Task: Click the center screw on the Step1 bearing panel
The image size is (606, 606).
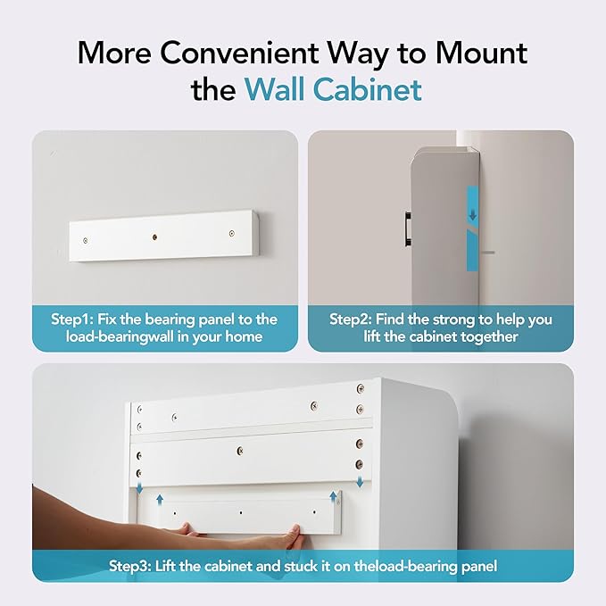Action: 154,237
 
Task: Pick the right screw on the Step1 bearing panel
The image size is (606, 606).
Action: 231,234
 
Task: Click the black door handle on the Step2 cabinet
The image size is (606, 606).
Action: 408,228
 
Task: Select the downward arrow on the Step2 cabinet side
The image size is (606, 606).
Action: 473,214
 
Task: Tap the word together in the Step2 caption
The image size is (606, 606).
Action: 487,336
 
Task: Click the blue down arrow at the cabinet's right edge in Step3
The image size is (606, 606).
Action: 360,482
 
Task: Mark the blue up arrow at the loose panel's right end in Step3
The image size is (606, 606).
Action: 333,497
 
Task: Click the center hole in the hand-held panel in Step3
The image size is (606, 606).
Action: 241,512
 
